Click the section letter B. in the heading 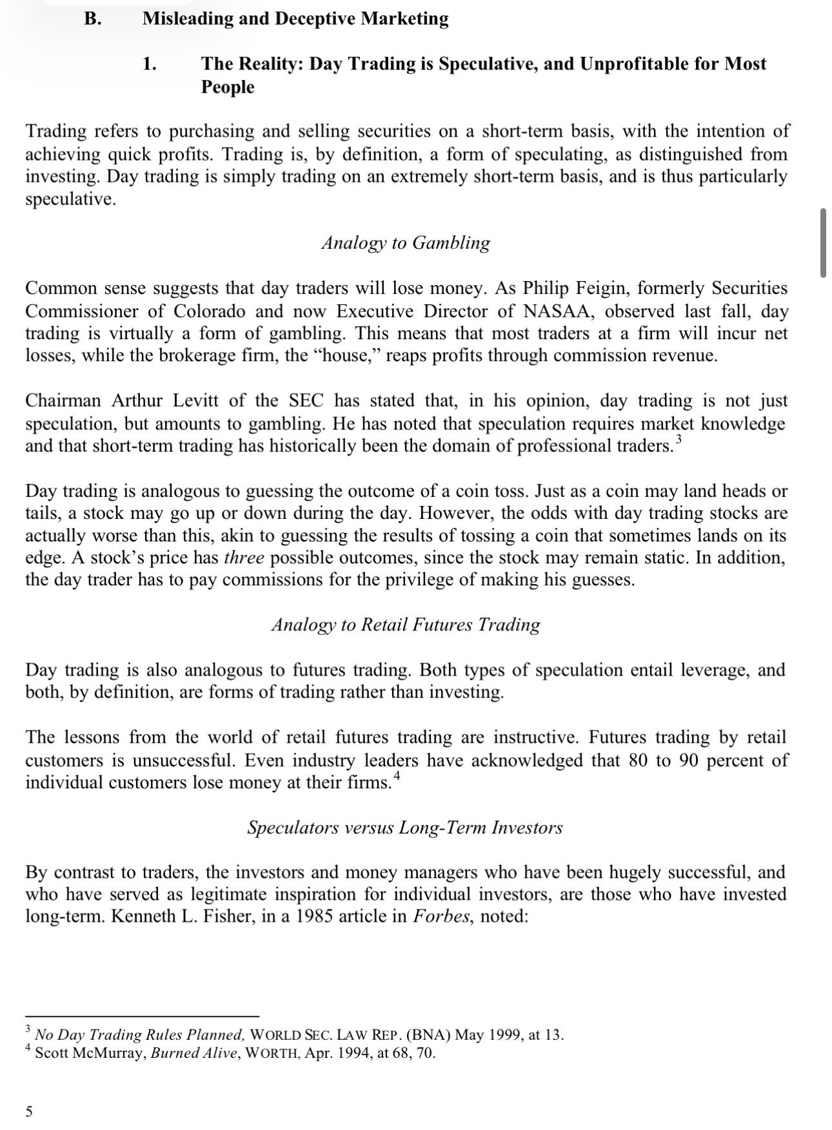pyautogui.click(x=93, y=19)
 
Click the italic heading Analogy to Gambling pyautogui.click(x=406, y=243)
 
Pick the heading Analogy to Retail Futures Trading pyautogui.click(x=406, y=625)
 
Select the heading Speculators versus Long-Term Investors pyautogui.click(x=404, y=828)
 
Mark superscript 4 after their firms pyautogui.click(x=397, y=777)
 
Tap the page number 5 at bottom pyautogui.click(x=29, y=1111)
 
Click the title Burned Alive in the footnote pyautogui.click(x=187, y=1054)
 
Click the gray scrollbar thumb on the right pyautogui.click(x=823, y=243)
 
